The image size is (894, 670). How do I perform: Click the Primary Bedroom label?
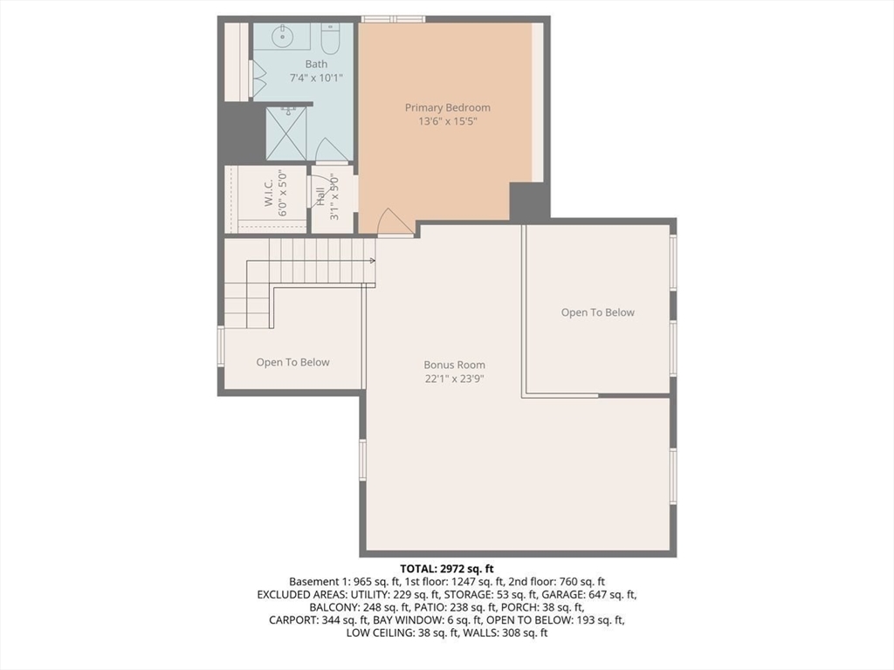[448, 107]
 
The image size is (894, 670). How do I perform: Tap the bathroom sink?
[282, 37]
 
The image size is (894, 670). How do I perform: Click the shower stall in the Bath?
[286, 133]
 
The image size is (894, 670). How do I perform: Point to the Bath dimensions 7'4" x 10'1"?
[316, 78]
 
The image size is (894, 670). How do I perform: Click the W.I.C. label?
[269, 194]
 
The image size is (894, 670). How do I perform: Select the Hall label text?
[320, 197]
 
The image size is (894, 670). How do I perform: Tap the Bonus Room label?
[454, 365]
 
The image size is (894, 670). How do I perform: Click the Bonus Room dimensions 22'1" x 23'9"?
[454, 379]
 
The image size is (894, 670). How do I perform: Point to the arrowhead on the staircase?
[372, 260]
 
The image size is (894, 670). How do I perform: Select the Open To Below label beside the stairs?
[293, 362]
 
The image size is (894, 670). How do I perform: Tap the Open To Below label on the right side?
[597, 312]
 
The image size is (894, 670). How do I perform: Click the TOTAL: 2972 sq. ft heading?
[447, 568]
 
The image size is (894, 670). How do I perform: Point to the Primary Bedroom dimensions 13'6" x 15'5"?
[448, 121]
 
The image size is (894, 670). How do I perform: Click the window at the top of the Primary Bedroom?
[394, 19]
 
